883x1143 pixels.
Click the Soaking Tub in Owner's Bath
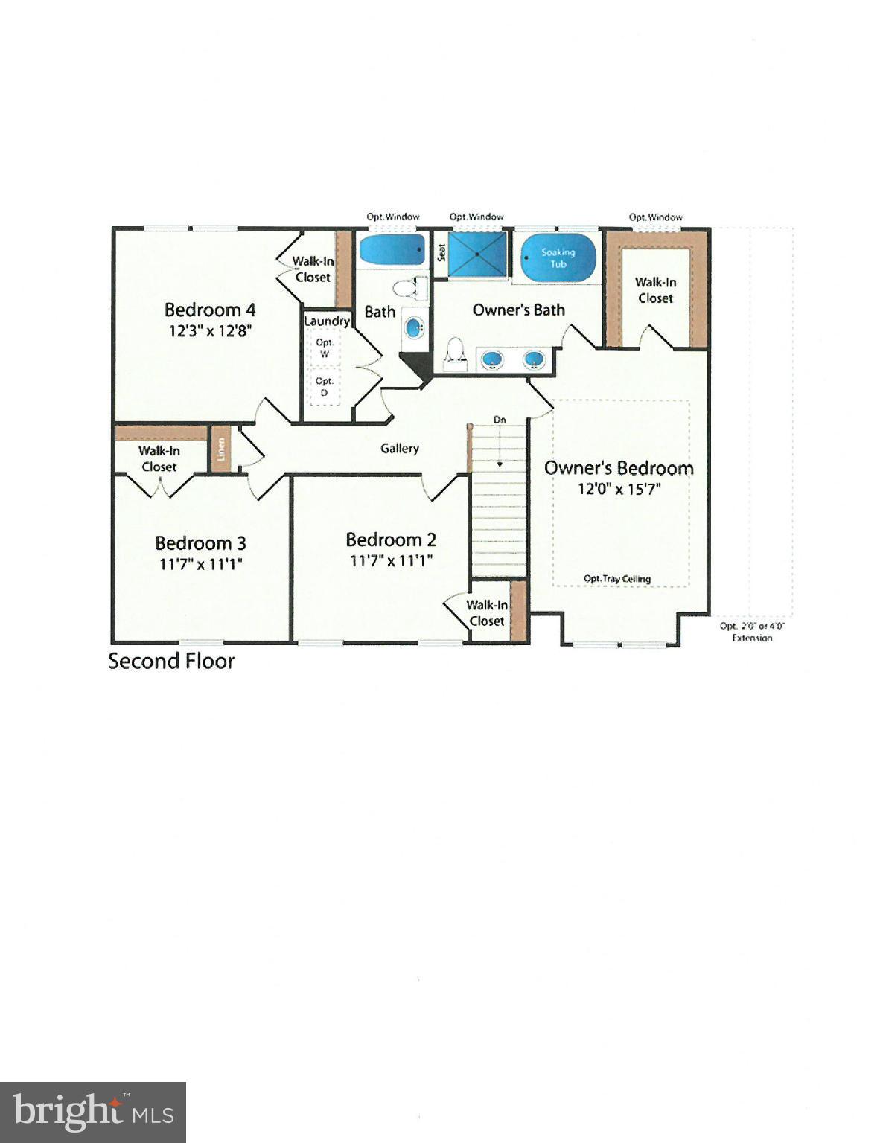(558, 257)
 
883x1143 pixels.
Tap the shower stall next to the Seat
(477, 254)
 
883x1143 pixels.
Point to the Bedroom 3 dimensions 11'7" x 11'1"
(201, 564)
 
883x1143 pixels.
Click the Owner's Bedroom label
(619, 468)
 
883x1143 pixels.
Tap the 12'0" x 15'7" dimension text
(619, 489)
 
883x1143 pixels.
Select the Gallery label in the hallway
(400, 448)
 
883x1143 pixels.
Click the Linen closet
(220, 449)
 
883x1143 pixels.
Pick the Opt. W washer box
(325, 348)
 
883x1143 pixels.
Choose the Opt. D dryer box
(325, 386)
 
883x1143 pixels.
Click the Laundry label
(327, 321)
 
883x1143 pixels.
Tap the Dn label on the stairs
(500, 420)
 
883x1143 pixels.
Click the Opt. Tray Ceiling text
(617, 579)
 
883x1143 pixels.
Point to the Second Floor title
(171, 661)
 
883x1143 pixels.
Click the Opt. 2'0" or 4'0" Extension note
(752, 632)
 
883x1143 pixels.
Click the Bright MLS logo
(93, 1112)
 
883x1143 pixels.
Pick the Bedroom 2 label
(391, 540)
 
